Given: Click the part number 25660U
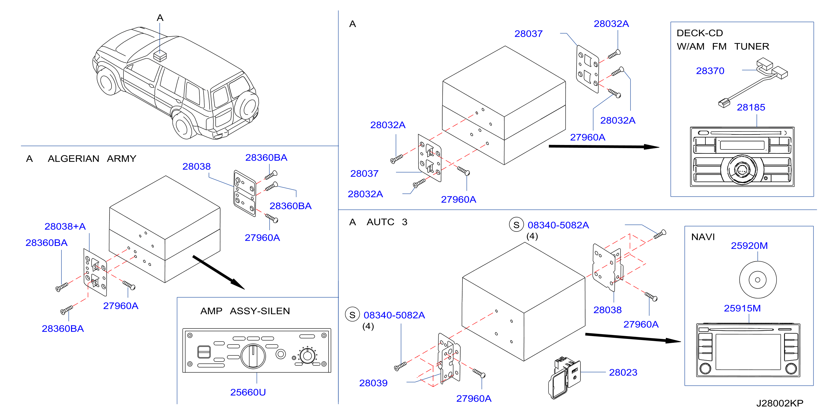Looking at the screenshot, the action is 248,392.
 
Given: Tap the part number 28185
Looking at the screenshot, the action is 751,107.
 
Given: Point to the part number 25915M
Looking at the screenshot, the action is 742,308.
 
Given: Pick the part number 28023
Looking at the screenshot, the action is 623,372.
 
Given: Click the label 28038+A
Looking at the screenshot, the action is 65,226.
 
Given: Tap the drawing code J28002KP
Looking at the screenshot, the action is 780,403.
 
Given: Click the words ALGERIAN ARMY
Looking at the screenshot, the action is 92,158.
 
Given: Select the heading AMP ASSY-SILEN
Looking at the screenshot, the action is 245,311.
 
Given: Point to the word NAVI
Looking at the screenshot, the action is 703,237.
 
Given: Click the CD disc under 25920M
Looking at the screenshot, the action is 758,280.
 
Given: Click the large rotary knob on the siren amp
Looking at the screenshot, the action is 253,356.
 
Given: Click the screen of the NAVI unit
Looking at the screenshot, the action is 748,352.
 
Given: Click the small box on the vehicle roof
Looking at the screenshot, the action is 160,56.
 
